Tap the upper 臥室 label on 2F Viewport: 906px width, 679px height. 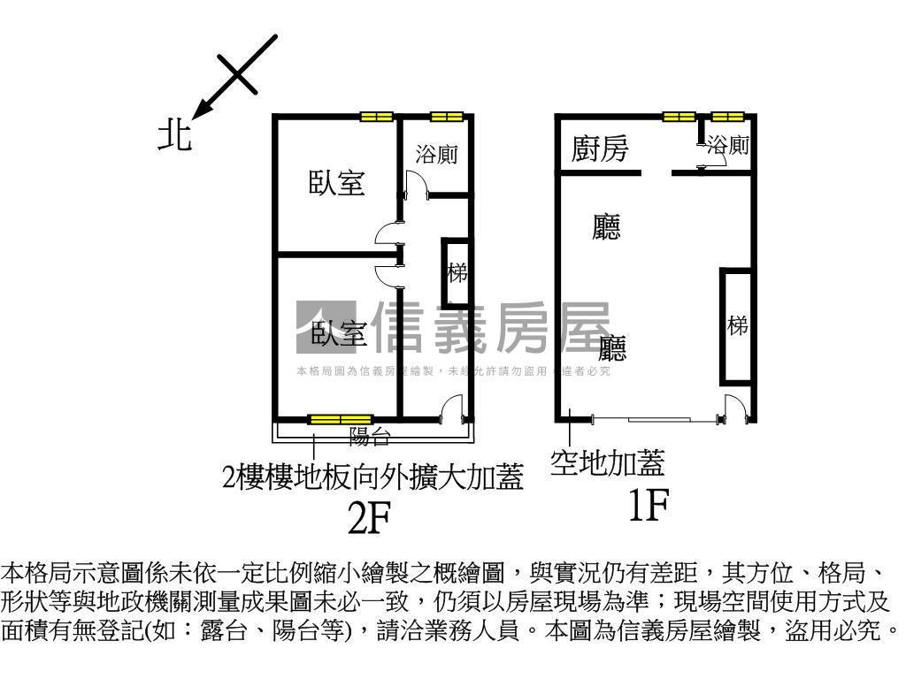(x=337, y=183)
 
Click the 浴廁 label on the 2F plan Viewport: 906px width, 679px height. (x=437, y=154)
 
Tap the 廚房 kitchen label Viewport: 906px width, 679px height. (x=600, y=149)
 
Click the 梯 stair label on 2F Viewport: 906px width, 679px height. (x=457, y=272)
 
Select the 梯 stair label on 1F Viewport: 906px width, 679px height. (x=738, y=325)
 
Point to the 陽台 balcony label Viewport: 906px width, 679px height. (x=370, y=435)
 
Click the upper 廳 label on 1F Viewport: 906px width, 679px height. (x=606, y=227)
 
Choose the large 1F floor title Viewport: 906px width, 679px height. (x=647, y=506)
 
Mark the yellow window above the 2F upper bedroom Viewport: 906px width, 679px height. (x=376, y=116)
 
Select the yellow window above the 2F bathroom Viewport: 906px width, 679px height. (x=447, y=116)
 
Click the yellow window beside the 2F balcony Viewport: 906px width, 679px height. (x=340, y=419)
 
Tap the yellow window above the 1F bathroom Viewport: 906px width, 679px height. (x=728, y=116)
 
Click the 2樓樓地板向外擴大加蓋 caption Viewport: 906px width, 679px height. (x=372, y=478)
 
